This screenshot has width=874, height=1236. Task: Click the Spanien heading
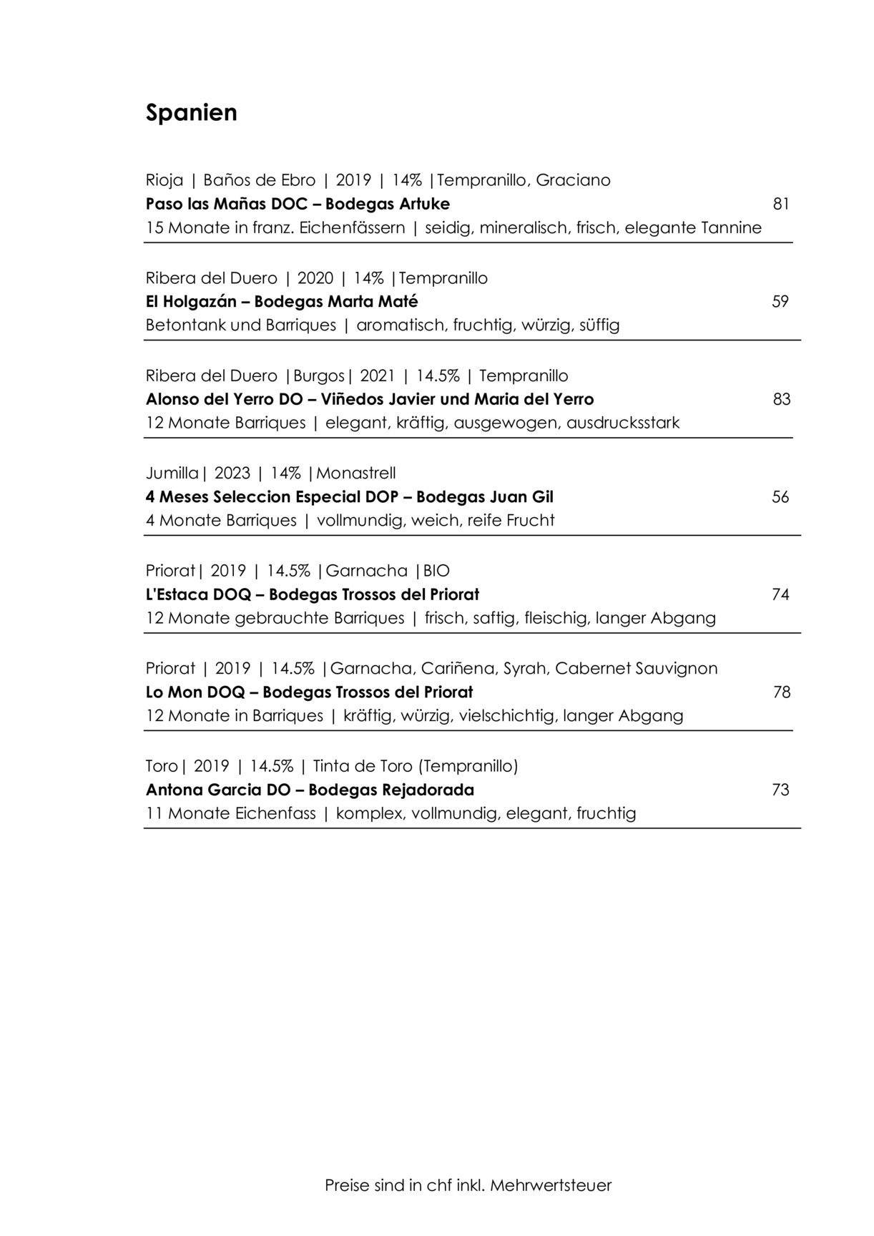191,113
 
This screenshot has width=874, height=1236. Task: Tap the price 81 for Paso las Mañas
781,204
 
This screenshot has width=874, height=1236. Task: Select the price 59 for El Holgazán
780,301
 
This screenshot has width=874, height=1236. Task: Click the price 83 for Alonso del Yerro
781,399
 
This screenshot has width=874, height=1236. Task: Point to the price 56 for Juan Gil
780,496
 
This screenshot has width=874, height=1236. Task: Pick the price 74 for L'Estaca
780,594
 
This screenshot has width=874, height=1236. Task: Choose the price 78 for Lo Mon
781,692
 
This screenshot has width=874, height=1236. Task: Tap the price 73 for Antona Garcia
780,790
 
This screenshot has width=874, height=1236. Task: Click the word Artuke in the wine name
423,204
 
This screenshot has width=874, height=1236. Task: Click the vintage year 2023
232,473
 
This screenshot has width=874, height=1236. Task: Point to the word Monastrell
356,473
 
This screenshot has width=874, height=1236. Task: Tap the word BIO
436,571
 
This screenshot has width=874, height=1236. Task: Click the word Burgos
319,376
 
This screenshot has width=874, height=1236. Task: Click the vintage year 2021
378,376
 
